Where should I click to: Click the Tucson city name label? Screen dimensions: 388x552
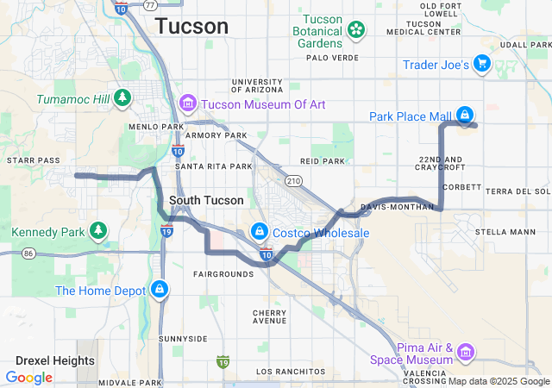click(x=191, y=27)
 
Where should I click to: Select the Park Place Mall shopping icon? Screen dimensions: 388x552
click(x=465, y=115)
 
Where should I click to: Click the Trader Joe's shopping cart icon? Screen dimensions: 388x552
click(x=482, y=64)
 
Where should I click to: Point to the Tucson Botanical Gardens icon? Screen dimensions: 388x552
click(x=354, y=31)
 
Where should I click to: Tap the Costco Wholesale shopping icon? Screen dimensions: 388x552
click(x=259, y=233)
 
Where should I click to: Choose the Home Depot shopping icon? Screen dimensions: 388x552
click(x=159, y=291)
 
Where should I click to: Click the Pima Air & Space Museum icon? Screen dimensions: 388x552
click(x=466, y=352)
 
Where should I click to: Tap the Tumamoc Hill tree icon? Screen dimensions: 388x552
click(x=123, y=98)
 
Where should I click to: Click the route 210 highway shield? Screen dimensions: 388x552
click(x=293, y=181)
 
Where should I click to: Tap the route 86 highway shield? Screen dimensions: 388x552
click(x=28, y=253)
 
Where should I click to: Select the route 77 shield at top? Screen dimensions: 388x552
click(x=150, y=4)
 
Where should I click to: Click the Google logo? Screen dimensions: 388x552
click(x=28, y=377)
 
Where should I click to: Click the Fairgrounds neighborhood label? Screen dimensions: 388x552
click(x=223, y=273)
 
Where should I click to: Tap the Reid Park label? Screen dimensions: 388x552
click(x=322, y=161)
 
